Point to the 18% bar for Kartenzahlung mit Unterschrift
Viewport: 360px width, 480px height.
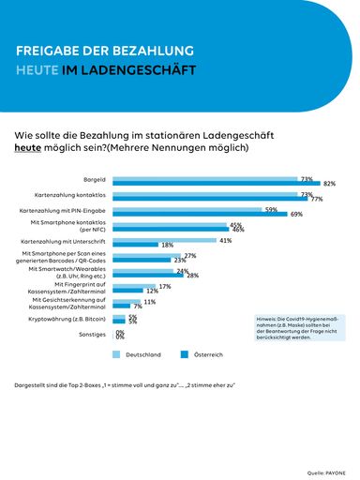click(136, 245)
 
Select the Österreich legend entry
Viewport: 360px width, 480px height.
click(206, 355)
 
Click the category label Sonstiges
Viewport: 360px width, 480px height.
click(92, 334)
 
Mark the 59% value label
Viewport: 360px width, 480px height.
click(271, 209)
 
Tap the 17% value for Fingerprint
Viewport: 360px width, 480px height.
click(165, 286)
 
